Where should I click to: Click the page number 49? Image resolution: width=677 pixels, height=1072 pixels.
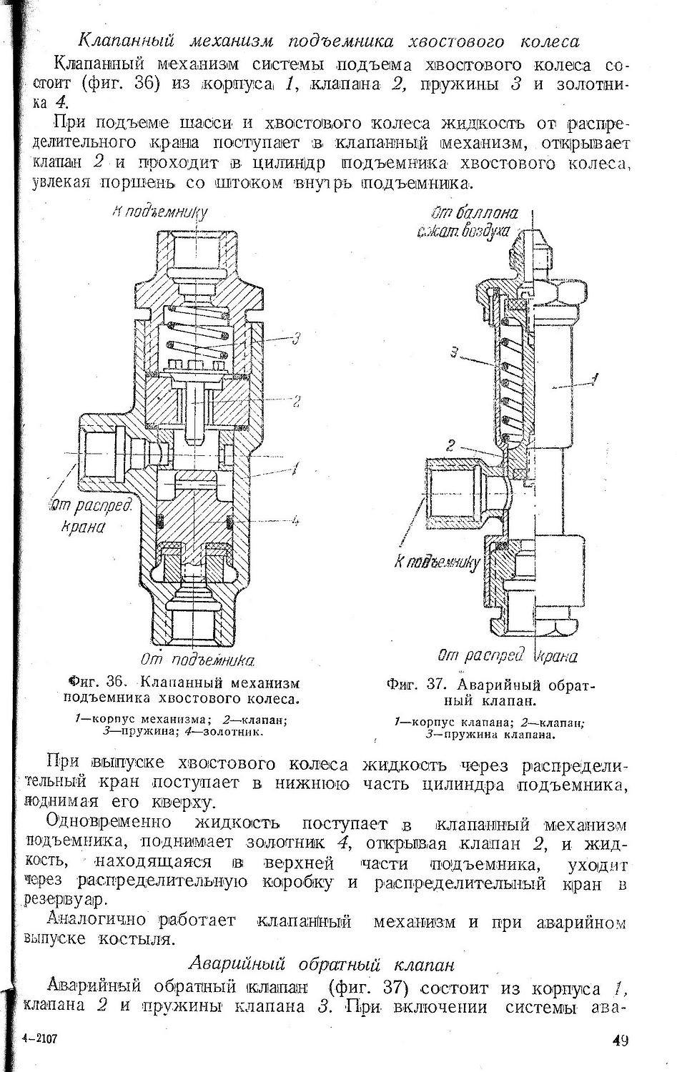tap(620, 1040)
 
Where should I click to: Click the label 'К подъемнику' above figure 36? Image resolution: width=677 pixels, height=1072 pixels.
tap(159, 212)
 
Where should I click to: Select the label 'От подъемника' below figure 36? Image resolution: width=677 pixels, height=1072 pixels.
tap(197, 658)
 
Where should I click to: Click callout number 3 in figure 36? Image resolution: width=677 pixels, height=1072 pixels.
tap(295, 338)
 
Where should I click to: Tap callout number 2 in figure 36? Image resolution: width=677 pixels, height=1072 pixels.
tap(296, 402)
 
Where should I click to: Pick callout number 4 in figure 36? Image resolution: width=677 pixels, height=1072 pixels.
tap(295, 521)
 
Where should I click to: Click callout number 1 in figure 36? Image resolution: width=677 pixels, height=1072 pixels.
tap(295, 468)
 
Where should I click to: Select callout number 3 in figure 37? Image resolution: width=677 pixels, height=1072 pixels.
tap(455, 352)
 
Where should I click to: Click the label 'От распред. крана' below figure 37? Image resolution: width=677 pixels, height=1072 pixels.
tap(507, 655)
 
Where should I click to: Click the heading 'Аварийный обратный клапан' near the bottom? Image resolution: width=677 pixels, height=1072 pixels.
tap(325, 964)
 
